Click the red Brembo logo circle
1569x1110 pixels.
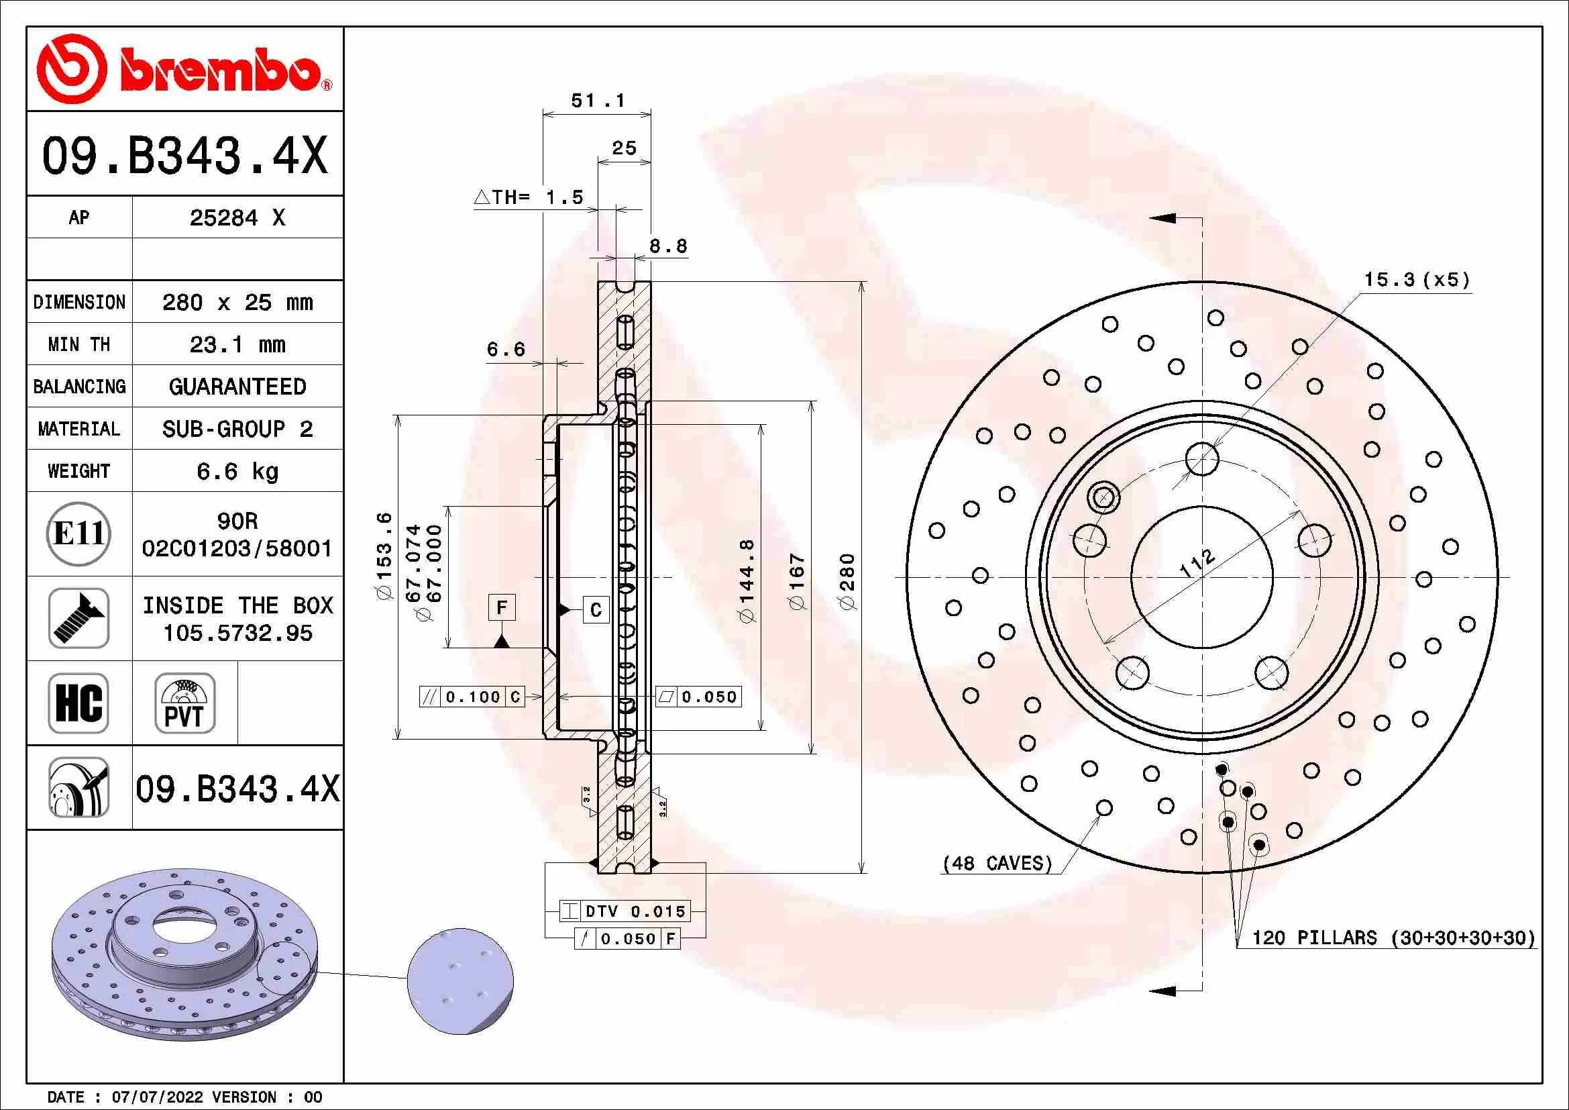(x=72, y=68)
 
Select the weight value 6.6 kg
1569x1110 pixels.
(x=237, y=472)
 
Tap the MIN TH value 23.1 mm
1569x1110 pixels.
(x=237, y=344)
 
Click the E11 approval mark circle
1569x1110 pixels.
(x=78, y=533)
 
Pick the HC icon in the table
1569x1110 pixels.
(x=78, y=703)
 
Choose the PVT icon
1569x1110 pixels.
(x=184, y=703)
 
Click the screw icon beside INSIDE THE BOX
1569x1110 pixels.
(x=78, y=618)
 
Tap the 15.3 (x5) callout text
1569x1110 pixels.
(x=1417, y=280)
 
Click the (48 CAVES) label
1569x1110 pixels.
(x=997, y=863)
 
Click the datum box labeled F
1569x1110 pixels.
(x=502, y=607)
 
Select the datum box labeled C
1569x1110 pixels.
(x=595, y=609)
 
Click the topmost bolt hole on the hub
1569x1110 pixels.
(x=1202, y=458)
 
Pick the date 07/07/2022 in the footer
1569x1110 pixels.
(x=157, y=1097)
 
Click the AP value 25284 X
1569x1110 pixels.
(x=237, y=218)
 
